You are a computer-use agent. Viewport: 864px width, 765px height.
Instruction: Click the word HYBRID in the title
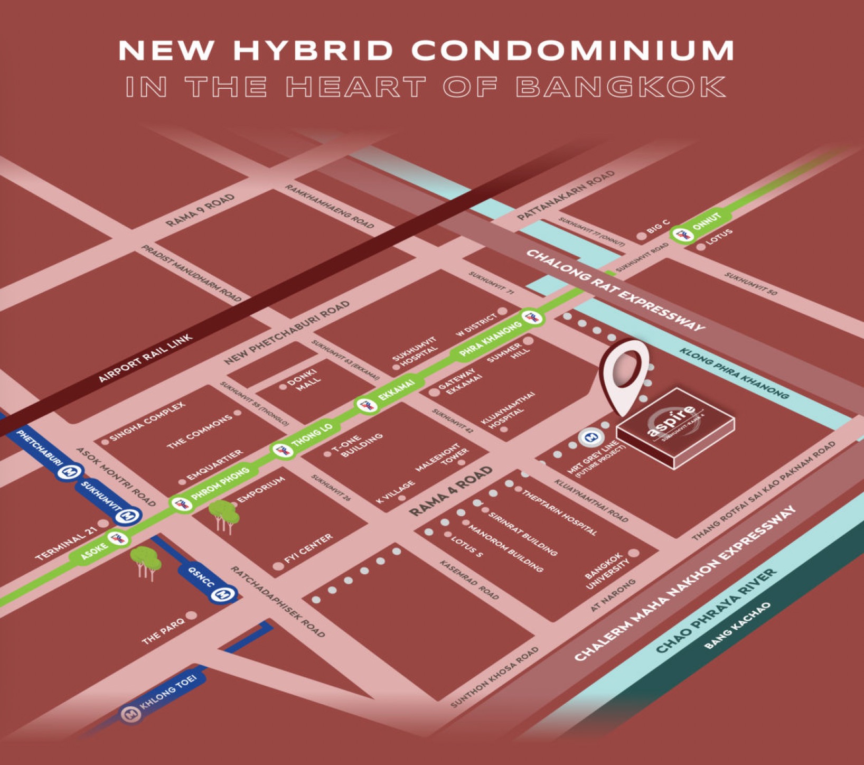pyautogui.click(x=313, y=51)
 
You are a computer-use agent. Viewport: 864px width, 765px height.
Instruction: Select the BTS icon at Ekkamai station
pyautogui.click(x=365, y=406)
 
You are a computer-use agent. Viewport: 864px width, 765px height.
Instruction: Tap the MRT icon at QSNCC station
pyautogui.click(x=223, y=594)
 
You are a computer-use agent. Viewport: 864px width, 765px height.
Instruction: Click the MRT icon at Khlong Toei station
pyautogui.click(x=130, y=715)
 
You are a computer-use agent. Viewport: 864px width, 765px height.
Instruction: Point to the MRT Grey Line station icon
pyautogui.click(x=590, y=437)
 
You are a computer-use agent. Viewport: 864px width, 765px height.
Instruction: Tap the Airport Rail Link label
pyautogui.click(x=146, y=358)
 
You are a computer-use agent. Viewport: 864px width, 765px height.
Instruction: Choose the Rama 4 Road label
pyautogui.click(x=451, y=491)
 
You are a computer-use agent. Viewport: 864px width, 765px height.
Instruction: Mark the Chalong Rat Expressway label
pyautogui.click(x=615, y=290)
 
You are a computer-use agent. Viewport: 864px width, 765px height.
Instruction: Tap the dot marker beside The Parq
pyautogui.click(x=191, y=615)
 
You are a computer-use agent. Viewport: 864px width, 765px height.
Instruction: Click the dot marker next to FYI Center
pyautogui.click(x=278, y=566)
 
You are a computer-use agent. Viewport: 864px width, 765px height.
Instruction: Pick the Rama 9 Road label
pyautogui.click(x=200, y=210)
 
